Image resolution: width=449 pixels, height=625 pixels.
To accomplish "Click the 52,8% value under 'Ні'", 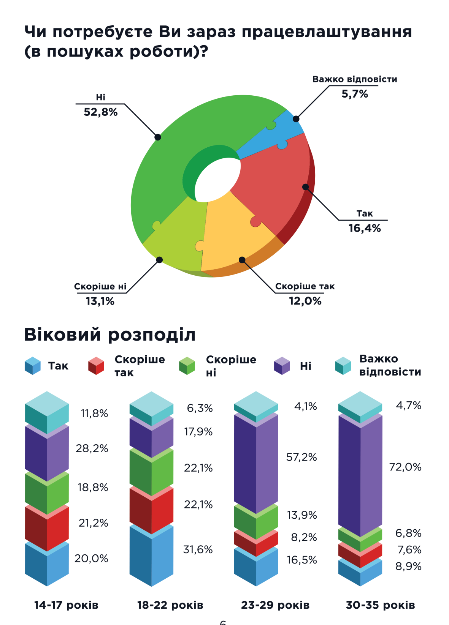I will [x=101, y=112].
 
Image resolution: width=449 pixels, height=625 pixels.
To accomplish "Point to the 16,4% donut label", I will [x=364, y=228].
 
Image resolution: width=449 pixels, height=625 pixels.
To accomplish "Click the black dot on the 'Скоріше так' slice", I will [x=242, y=260].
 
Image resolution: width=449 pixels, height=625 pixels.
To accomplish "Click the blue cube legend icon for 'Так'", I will [x=33, y=366].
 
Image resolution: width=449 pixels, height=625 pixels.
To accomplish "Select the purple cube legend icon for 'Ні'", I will [x=282, y=366].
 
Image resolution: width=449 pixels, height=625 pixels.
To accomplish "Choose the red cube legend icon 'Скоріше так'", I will [x=96, y=366].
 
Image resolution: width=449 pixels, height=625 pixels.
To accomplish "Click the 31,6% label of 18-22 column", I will [x=198, y=549].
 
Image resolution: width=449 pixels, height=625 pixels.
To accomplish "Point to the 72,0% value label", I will [x=405, y=467].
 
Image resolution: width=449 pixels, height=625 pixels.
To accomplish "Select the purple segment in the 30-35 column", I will [x=360, y=475].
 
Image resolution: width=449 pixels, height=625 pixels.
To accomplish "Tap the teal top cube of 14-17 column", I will [x=47, y=412].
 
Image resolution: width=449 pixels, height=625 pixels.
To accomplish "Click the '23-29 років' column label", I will [x=275, y=605].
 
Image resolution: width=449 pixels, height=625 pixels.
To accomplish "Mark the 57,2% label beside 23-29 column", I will [x=301, y=457].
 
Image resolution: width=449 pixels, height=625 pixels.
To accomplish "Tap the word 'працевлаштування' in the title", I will [x=327, y=32].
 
